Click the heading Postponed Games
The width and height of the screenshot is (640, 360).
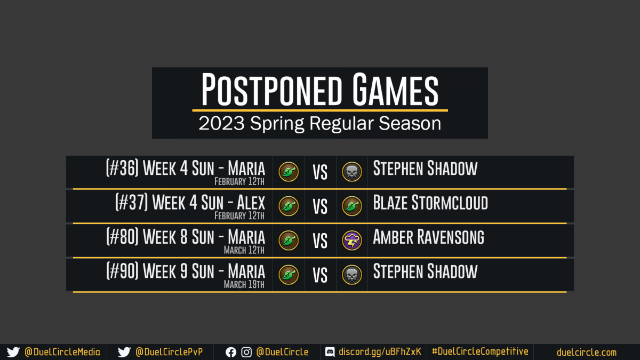[319, 90]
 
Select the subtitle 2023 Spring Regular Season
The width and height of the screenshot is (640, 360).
[319, 123]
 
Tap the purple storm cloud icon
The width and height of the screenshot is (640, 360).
[351, 241]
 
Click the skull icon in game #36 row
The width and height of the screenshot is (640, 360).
[351, 172]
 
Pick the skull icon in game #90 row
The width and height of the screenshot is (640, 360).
[351, 275]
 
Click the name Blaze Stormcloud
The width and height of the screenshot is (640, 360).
[430, 203]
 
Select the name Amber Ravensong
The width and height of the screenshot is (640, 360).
[429, 237]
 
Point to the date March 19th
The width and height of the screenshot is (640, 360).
[244, 284]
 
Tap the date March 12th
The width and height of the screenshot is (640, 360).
[244, 250]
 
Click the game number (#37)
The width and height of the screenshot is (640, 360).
[132, 202]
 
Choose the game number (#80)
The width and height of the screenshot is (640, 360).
[122, 237]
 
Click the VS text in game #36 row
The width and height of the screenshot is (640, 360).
[320, 172]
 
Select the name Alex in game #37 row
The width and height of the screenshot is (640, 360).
[251, 203]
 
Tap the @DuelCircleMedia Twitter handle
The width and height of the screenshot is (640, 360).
[62, 352]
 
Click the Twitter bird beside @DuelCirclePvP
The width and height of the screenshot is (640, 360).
[124, 352]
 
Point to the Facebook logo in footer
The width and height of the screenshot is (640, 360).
[231, 353]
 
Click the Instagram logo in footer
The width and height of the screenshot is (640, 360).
[246, 353]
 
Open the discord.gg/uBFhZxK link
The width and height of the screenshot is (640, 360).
[380, 351]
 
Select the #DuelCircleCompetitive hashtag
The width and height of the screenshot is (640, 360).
[480, 351]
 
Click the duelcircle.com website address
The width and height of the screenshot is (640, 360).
[587, 353]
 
